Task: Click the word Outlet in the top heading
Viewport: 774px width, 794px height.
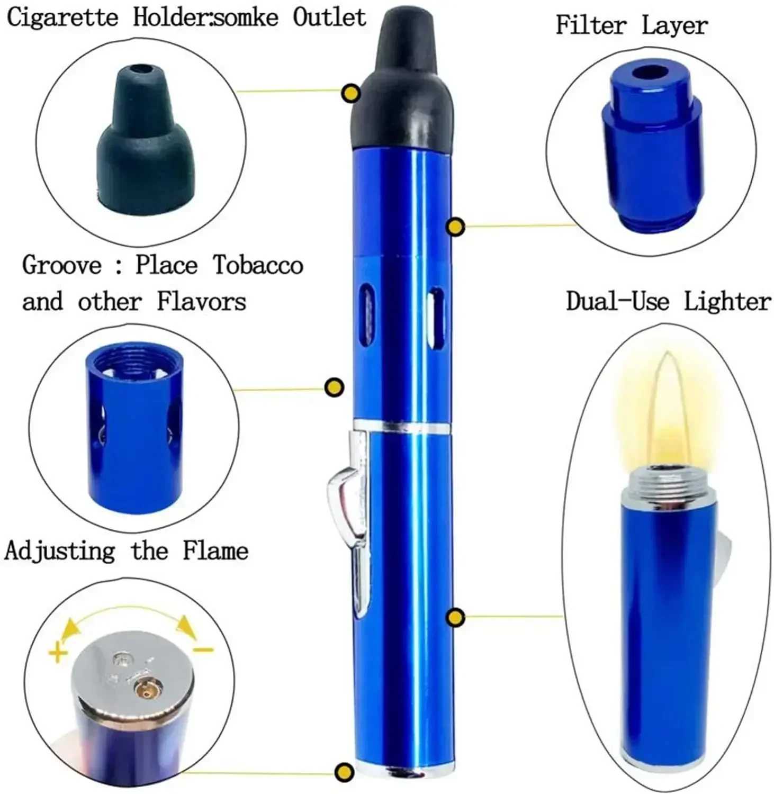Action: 329,17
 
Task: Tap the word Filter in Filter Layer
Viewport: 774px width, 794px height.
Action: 590,25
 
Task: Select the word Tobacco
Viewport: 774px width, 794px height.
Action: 258,265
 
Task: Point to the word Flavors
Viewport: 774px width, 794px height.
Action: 202,302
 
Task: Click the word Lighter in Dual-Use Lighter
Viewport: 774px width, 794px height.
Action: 727,301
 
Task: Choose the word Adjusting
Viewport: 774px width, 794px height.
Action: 60,551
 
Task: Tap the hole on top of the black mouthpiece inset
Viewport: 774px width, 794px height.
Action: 140,69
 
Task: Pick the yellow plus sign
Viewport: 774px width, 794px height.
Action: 58,652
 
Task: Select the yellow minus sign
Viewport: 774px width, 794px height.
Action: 202,649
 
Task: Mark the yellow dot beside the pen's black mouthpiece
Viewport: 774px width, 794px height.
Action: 350,94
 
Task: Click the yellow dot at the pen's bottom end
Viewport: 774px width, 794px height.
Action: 345,771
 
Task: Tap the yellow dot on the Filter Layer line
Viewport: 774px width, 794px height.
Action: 455,227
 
